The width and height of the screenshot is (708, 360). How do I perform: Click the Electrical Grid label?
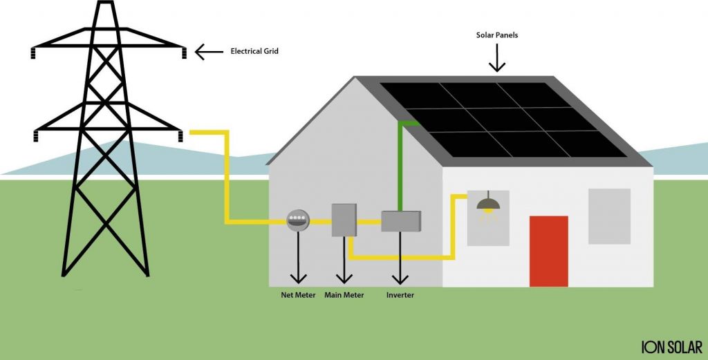tap(254, 51)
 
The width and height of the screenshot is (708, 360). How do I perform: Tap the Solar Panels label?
tap(496, 35)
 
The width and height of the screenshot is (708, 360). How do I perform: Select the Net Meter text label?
tap(298, 295)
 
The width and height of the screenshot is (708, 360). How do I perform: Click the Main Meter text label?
tap(344, 295)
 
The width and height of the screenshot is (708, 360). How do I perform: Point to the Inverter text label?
tap(400, 295)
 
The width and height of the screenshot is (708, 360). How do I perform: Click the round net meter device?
tap(298, 220)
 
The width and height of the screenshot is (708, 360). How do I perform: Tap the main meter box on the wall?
tap(344, 220)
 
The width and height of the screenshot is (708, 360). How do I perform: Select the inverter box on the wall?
tap(401, 221)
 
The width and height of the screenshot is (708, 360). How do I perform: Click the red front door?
tap(548, 251)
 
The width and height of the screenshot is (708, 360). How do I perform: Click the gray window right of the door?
tap(609, 216)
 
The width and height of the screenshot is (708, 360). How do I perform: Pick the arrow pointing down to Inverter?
tap(400, 259)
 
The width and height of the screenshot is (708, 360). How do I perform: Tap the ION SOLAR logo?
tap(671, 347)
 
